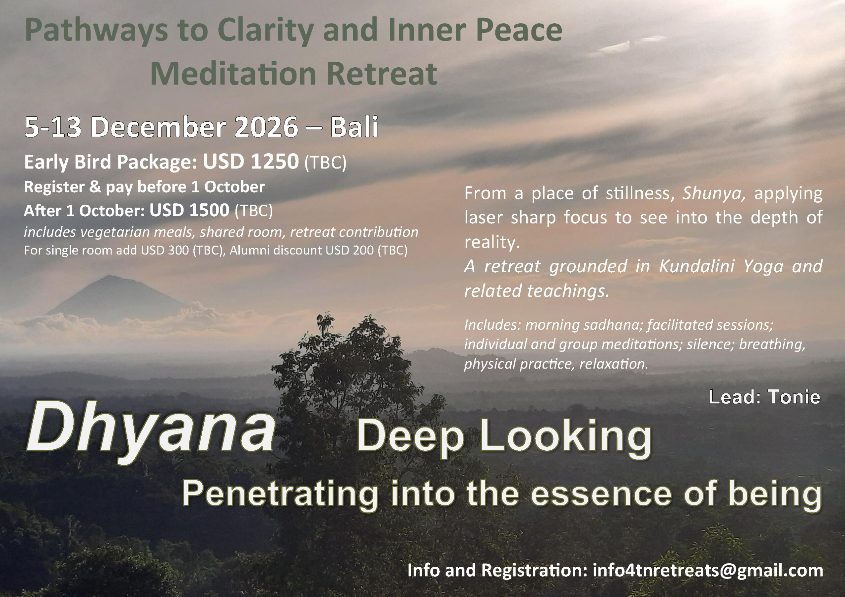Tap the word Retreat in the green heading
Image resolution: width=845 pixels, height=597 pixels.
click(382, 74)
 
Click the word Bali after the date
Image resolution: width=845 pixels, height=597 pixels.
click(354, 127)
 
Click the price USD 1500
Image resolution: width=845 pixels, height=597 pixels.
click(189, 210)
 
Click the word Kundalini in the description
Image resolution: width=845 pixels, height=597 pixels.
click(696, 266)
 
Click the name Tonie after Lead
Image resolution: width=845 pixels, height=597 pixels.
click(794, 397)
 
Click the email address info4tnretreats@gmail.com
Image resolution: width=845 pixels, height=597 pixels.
click(708, 570)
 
